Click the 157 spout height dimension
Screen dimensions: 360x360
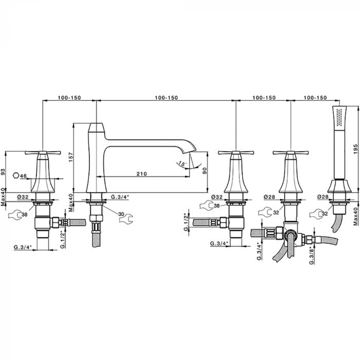coord(71,157)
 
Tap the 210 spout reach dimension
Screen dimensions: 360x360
coord(141,174)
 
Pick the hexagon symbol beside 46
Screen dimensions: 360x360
coord(16,176)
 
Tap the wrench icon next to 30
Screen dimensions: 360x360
coord(125,219)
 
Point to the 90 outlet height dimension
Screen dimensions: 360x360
coord(205,171)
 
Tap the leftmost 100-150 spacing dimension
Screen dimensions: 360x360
coord(69,98)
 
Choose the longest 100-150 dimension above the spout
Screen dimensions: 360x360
coord(167,98)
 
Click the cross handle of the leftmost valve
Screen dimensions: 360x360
coord(43,152)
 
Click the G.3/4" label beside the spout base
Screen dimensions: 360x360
coord(120,197)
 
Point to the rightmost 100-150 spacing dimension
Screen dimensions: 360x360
coord(315,98)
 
